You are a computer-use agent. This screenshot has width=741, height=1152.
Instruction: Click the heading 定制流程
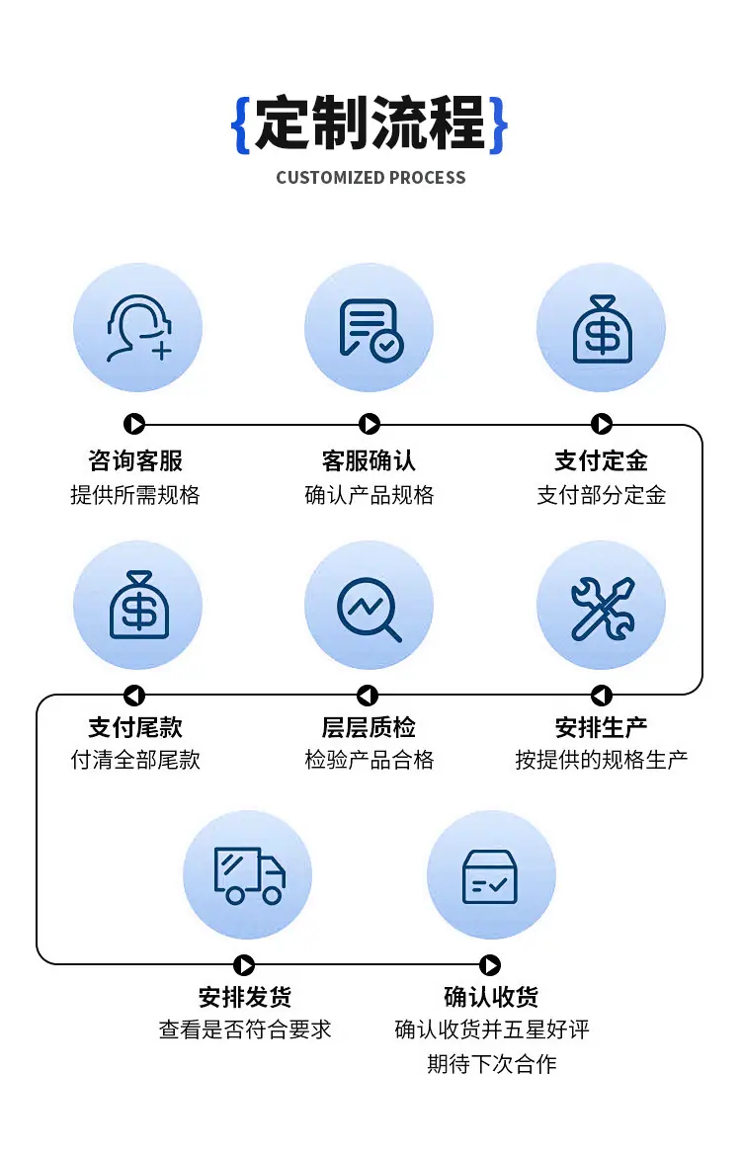(370, 123)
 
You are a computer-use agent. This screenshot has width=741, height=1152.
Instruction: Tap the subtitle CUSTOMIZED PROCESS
(370, 178)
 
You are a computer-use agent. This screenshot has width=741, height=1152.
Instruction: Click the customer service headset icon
(138, 328)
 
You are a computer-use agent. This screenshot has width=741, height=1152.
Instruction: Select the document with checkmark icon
(370, 330)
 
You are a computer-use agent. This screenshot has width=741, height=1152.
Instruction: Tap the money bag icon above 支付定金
(603, 329)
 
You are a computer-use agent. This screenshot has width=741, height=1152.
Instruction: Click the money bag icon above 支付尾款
(138, 605)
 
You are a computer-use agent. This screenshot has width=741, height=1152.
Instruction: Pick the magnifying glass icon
(370, 609)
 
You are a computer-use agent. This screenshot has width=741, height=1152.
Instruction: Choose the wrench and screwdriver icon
(603, 609)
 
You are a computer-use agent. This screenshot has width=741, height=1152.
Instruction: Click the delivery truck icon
(250, 875)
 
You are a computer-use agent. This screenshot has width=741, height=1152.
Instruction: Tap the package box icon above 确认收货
(490, 876)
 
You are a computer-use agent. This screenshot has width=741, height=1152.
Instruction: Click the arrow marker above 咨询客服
(133, 424)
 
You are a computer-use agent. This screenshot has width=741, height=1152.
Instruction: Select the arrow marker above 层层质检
(368, 695)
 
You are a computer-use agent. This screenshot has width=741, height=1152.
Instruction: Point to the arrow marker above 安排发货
(244, 964)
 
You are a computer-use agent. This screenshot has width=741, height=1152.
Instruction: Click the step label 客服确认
(369, 460)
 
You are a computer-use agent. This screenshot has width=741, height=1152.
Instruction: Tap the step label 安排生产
(602, 727)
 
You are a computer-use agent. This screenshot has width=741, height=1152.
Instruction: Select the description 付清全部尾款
(135, 760)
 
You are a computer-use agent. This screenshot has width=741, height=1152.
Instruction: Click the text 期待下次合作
(491, 1063)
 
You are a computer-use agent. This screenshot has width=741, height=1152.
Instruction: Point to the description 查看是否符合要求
(245, 1029)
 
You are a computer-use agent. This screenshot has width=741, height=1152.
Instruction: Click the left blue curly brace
(241, 124)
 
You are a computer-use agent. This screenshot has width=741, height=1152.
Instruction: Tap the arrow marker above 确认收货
(490, 964)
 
